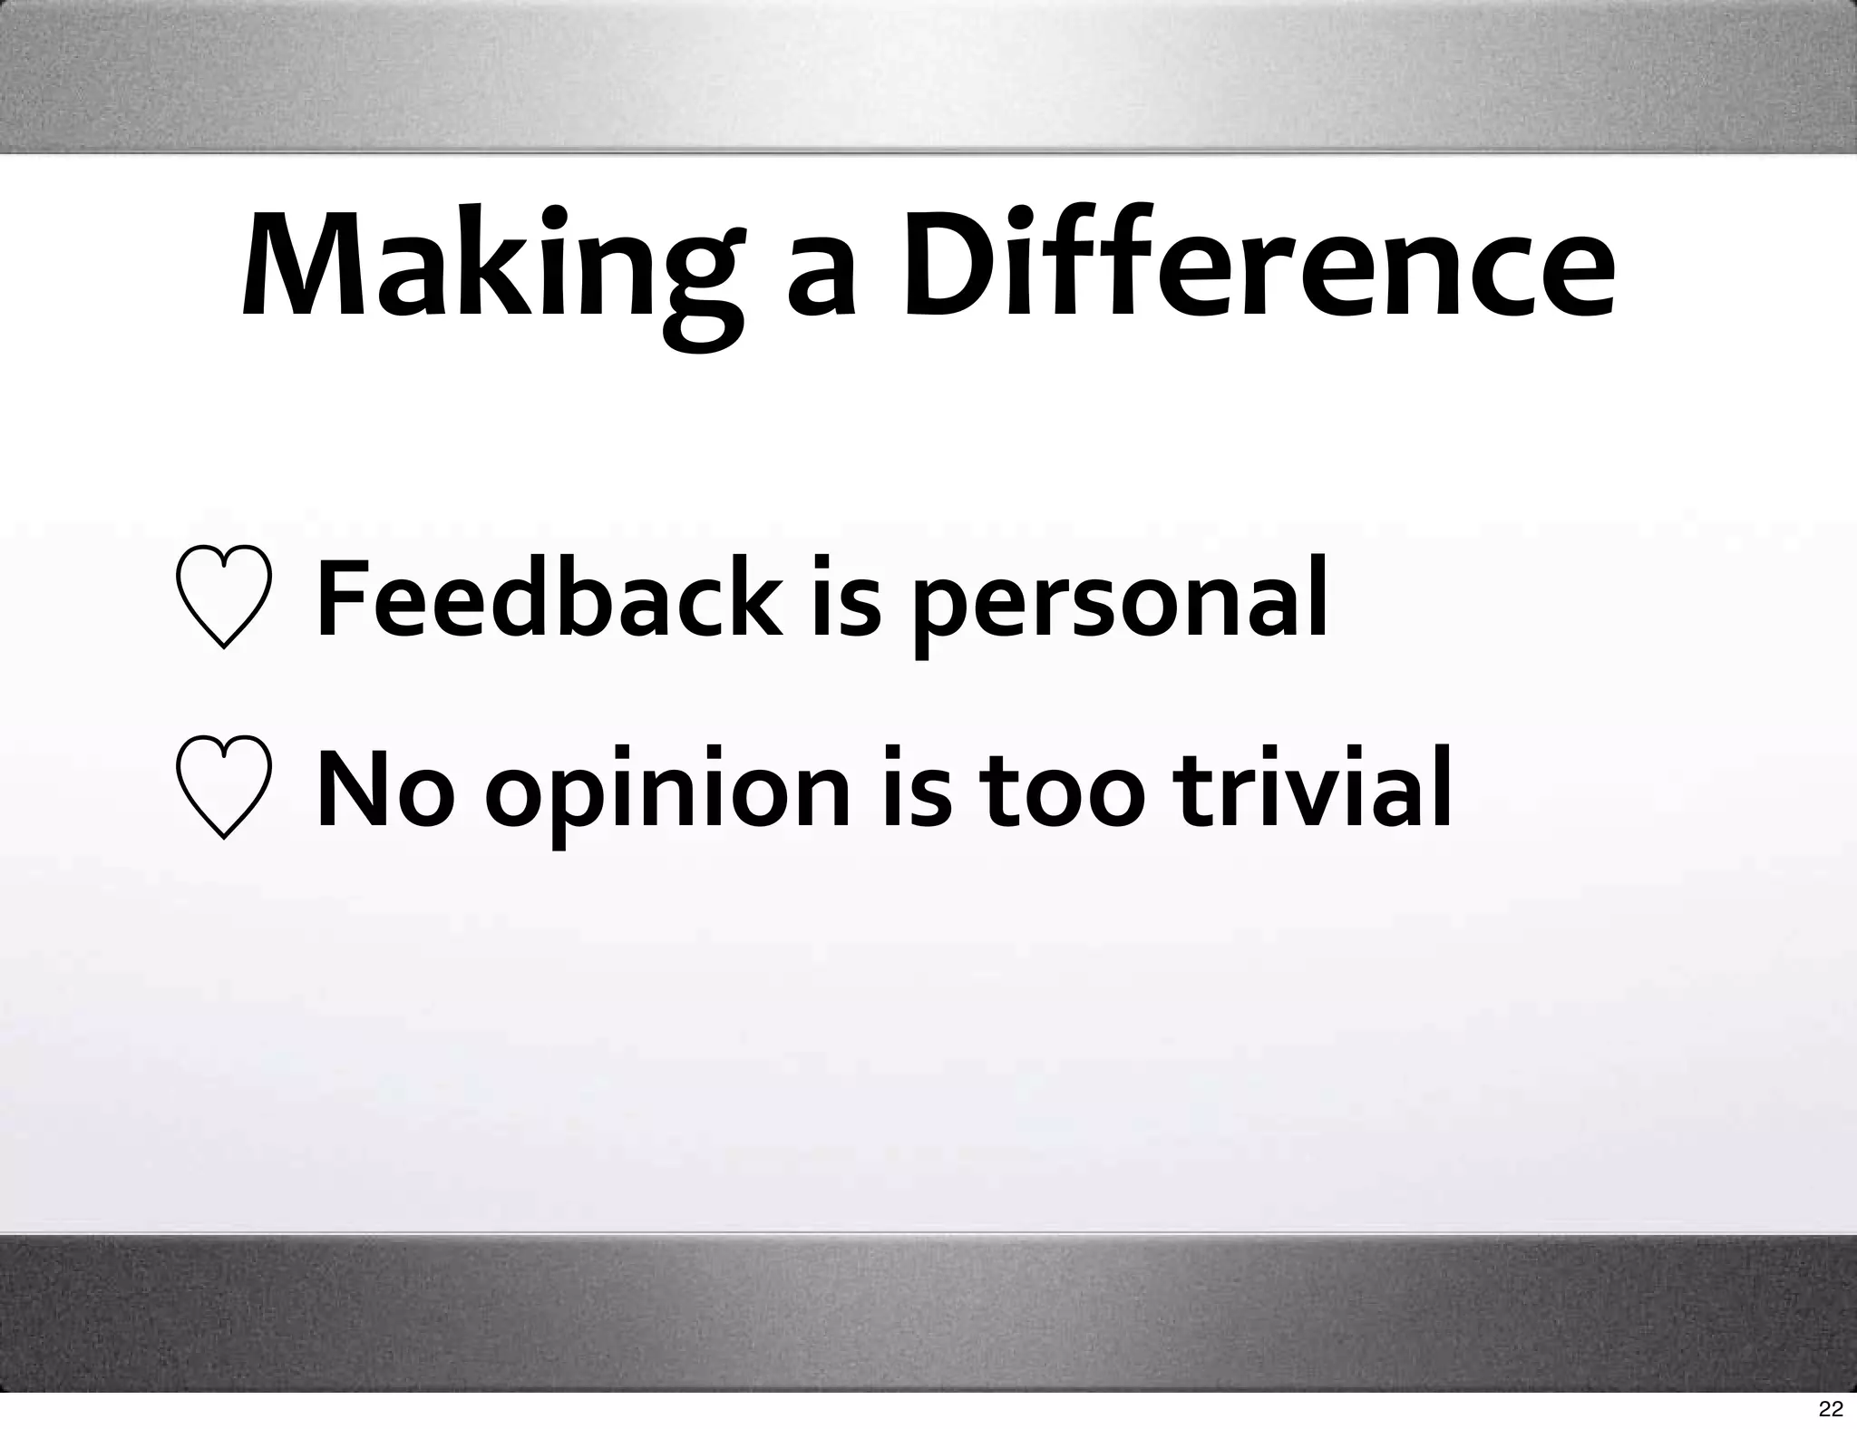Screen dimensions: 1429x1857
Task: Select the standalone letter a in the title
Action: click(x=822, y=281)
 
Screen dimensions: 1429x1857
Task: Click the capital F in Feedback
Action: click(x=345, y=598)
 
